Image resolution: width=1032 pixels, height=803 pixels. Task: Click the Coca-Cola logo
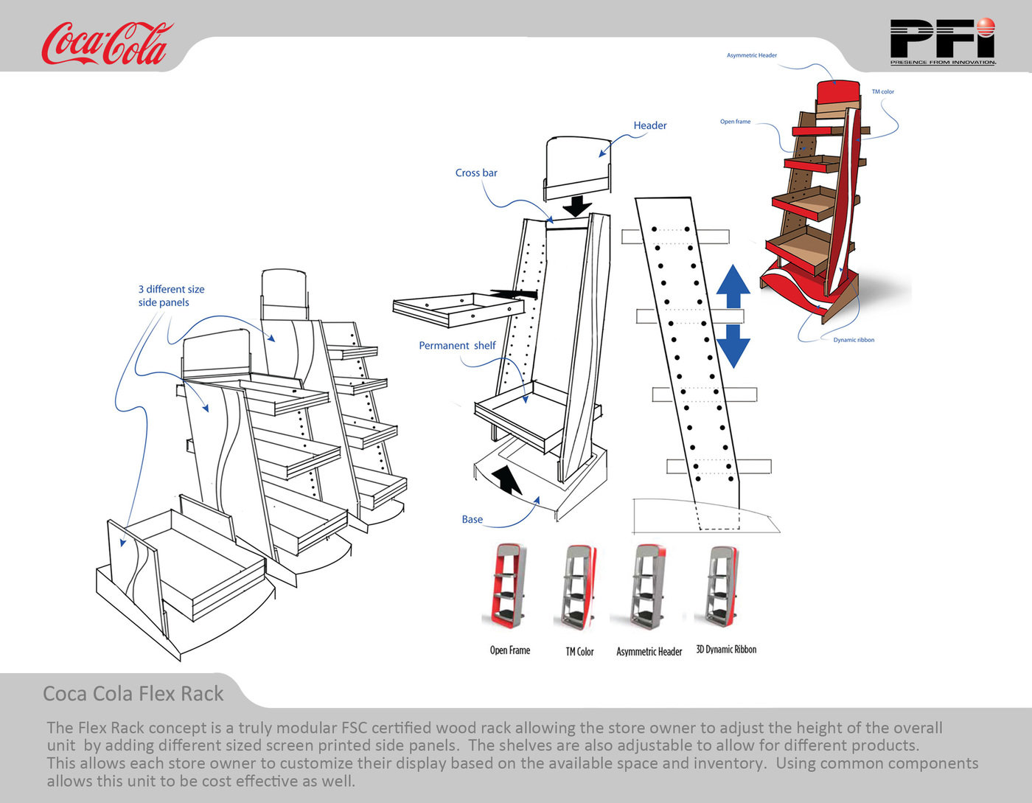[x=106, y=44]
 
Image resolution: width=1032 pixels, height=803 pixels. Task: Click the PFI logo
[x=942, y=41]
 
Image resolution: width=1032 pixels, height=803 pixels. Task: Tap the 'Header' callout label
[x=649, y=125]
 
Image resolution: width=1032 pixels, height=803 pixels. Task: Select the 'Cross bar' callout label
[x=476, y=173]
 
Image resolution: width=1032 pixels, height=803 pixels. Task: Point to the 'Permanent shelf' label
[x=457, y=345]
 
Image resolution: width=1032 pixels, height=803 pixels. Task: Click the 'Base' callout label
[x=472, y=519]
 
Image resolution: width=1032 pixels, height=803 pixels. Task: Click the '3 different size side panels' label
[x=171, y=296]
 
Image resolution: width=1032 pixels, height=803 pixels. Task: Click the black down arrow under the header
[x=576, y=204]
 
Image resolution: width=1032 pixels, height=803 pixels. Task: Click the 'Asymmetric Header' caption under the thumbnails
[x=649, y=651]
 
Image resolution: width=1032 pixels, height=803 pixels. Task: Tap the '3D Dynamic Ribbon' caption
[x=726, y=650]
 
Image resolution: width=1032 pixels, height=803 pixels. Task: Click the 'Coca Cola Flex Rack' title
[x=133, y=694]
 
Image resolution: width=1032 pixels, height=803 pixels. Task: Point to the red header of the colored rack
[x=838, y=93]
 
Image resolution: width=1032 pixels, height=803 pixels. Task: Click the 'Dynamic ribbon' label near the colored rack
[x=854, y=340]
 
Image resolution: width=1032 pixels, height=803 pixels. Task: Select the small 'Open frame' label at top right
[x=735, y=122]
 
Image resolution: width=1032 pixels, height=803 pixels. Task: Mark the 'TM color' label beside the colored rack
[x=882, y=92]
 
